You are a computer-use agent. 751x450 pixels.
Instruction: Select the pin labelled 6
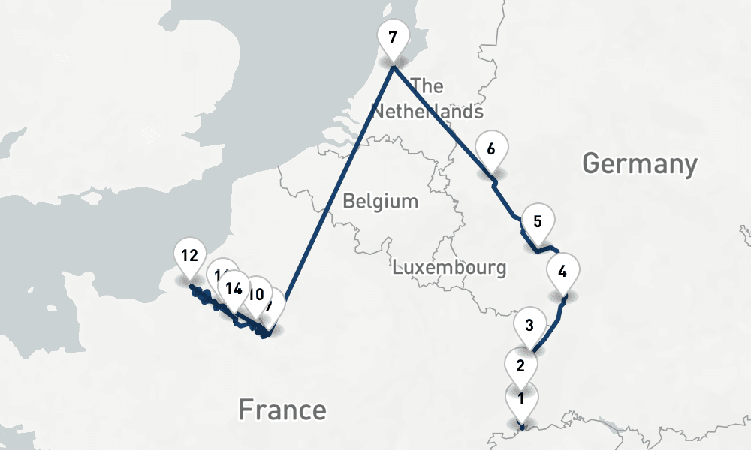click(492, 149)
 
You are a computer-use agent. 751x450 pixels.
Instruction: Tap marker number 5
click(537, 222)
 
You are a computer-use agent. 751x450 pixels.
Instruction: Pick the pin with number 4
click(563, 271)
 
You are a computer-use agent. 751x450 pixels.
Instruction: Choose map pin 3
click(529, 325)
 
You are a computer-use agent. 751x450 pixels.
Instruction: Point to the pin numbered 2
click(520, 366)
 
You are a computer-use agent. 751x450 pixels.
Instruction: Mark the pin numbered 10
click(257, 294)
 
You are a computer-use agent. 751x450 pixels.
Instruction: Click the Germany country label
click(639, 163)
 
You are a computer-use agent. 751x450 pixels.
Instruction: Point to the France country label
click(282, 410)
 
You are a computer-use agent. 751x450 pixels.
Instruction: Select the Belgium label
click(380, 201)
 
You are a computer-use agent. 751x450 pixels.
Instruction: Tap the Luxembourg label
click(449, 267)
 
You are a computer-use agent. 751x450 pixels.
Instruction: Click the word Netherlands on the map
click(427, 112)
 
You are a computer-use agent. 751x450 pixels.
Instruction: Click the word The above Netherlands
click(427, 85)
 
